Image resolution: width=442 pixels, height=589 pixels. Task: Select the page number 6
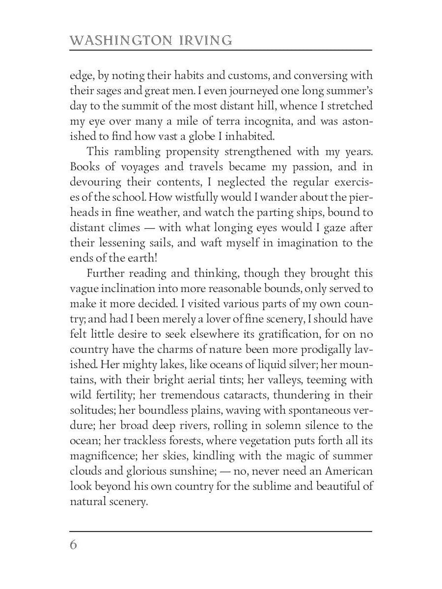74,545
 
